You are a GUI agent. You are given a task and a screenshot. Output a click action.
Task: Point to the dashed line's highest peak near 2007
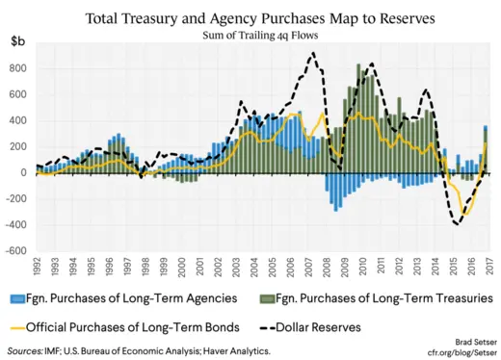click(x=313, y=54)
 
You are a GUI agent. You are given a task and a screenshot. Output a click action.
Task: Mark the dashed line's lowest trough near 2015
click(x=459, y=224)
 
